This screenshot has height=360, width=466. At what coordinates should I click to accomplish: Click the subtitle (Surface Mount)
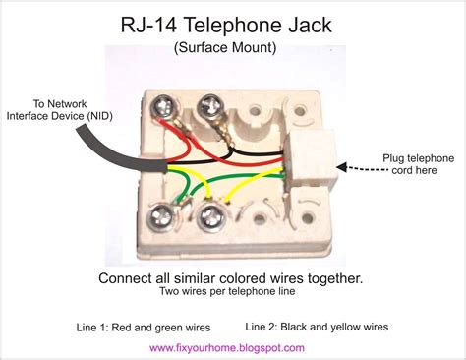coord(233,45)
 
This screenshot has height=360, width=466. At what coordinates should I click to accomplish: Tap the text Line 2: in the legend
coord(268,326)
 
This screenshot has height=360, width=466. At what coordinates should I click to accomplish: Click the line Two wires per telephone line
coord(233,294)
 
